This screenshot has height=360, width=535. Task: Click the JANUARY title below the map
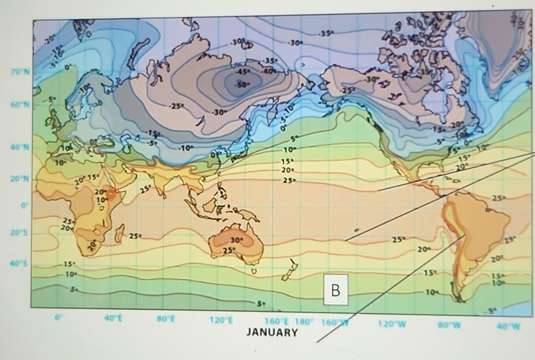[272, 332]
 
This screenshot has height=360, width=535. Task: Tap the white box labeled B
[336, 290]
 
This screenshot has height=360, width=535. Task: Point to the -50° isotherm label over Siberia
[242, 85]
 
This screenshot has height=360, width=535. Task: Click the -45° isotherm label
[242, 72]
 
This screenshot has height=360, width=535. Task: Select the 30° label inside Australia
[237, 239]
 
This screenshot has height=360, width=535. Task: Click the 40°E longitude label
[114, 319]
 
